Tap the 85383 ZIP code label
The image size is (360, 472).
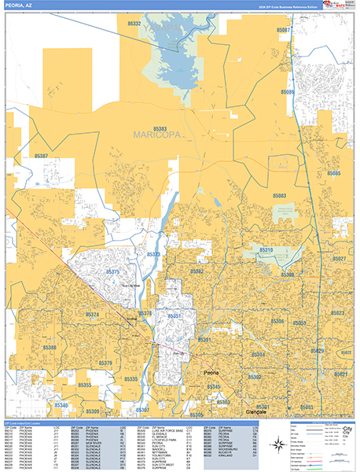pyautogui.click(x=160, y=127)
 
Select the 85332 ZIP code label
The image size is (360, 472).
pyautogui.click(x=134, y=24)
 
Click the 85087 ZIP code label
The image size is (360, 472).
pyautogui.click(x=284, y=30)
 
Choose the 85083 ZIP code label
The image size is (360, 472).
pyautogui.click(x=279, y=195)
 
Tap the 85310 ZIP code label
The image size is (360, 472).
pyautogui.click(x=265, y=250)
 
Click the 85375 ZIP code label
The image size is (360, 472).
pyautogui.click(x=113, y=271)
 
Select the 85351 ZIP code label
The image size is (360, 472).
pyautogui.click(x=174, y=316)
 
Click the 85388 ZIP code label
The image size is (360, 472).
pyautogui.click(x=50, y=347)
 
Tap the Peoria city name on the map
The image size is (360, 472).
pyautogui.click(x=210, y=373)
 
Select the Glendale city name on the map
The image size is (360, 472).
pyautogui.click(x=255, y=411)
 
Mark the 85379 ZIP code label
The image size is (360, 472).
pyautogui.click(x=105, y=363)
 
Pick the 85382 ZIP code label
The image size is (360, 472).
pyautogui.click(x=197, y=271)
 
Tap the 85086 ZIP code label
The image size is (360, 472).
pyautogui.click(x=288, y=92)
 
